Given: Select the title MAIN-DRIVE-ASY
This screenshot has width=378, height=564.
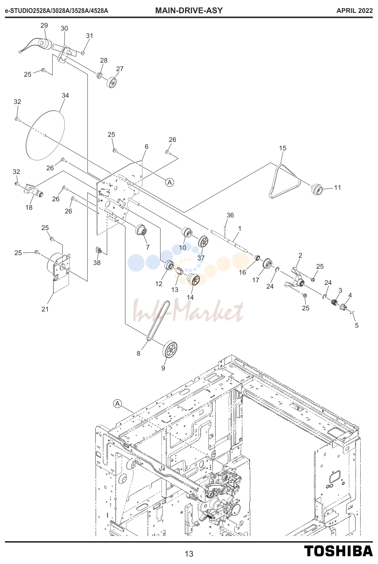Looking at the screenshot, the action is point(189,10).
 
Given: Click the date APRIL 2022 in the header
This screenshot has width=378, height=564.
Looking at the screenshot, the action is point(354,11).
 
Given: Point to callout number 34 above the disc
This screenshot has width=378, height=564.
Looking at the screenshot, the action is point(65,95).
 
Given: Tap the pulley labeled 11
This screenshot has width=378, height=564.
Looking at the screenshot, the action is point(317,189).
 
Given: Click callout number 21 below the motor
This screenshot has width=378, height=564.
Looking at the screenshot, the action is point(45,309).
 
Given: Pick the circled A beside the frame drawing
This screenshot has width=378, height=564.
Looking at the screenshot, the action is point(117,404).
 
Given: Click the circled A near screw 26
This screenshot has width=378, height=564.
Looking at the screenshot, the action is point(170,182).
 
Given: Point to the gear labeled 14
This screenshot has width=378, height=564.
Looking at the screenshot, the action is point(193,279).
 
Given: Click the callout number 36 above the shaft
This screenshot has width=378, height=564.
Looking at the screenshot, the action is point(230,215).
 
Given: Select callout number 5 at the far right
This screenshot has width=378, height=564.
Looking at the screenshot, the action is point(357,325).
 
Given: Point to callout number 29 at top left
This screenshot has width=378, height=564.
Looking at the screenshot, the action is point(44,25).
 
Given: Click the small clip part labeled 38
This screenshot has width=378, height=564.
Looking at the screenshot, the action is point(99,251).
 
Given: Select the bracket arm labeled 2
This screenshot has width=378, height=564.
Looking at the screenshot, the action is point(295,277).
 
